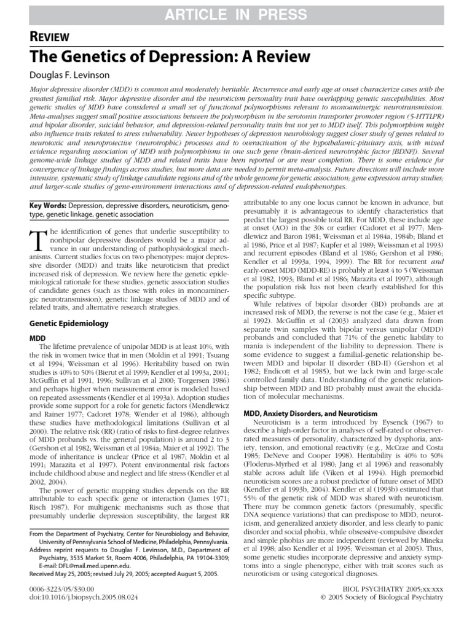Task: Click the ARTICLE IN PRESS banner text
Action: (236, 13)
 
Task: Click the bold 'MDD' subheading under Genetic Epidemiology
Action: (37, 338)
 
